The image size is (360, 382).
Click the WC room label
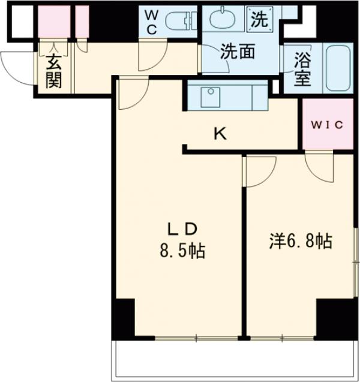151,22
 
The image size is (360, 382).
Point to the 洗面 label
238,52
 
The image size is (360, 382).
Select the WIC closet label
328,125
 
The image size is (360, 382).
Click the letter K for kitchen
220,134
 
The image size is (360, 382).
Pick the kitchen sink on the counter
210,95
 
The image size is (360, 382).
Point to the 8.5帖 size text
182,251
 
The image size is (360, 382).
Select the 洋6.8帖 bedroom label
300,241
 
